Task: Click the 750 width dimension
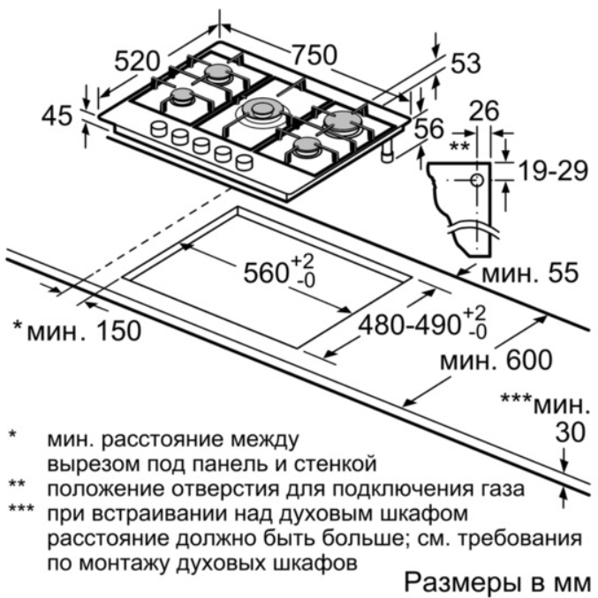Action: tap(315, 55)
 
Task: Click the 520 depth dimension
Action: tap(137, 62)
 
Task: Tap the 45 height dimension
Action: tap(57, 116)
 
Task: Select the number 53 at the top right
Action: tap(466, 63)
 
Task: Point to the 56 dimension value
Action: tap(429, 128)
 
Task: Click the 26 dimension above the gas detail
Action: tap(484, 110)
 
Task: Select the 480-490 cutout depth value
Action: tap(409, 325)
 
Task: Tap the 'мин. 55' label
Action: tap(530, 273)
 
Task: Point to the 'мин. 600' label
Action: tap(496, 360)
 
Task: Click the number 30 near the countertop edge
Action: tap(570, 432)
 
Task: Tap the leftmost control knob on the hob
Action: tap(158, 129)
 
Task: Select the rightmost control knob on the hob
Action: tap(244, 161)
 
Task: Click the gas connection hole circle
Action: tap(477, 180)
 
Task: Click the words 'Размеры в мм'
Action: tap(497, 582)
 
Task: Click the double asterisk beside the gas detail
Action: tap(459, 146)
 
